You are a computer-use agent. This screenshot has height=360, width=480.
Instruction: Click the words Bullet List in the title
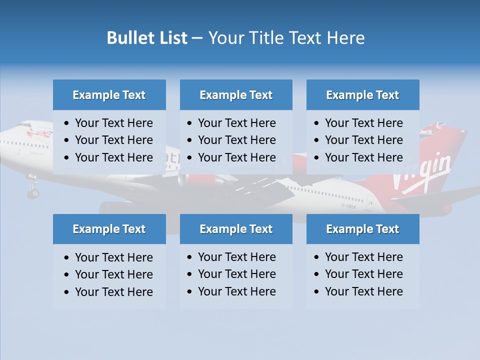click(x=147, y=38)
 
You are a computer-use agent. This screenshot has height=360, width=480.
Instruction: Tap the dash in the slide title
click(x=197, y=38)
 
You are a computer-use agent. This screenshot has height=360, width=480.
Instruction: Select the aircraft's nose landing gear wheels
click(x=33, y=192)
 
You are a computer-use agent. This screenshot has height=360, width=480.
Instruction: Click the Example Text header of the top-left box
click(x=109, y=95)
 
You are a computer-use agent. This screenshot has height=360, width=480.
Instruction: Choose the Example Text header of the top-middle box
click(x=236, y=95)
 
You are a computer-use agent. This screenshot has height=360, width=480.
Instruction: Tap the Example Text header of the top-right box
click(x=362, y=95)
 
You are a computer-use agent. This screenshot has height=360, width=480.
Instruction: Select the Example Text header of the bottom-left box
click(x=109, y=229)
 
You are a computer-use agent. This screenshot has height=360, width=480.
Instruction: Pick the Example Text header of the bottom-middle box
click(x=236, y=229)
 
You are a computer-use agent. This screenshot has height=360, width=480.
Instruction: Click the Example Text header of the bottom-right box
click(x=362, y=229)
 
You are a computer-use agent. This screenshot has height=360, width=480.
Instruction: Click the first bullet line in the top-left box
click(x=113, y=123)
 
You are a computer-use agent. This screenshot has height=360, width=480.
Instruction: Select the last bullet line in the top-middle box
click(x=236, y=157)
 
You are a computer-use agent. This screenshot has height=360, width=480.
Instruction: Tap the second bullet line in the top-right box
click(x=363, y=140)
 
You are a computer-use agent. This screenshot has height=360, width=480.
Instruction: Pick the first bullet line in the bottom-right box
click(x=363, y=257)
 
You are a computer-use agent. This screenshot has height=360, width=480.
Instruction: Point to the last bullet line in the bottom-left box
click(x=113, y=292)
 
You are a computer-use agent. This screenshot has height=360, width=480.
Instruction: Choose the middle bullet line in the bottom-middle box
click(x=236, y=274)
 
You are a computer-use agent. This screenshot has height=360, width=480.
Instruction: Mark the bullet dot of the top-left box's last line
click(x=67, y=158)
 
